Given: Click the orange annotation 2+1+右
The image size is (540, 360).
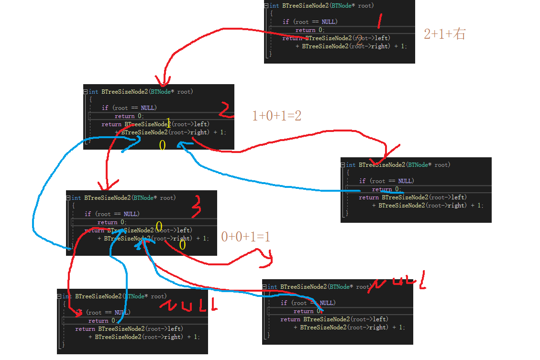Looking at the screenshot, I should click(x=444, y=34).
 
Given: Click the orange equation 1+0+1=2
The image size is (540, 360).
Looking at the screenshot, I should click(x=276, y=116).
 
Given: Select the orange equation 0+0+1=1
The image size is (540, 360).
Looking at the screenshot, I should click(x=246, y=237).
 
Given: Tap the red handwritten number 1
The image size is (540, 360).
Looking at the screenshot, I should click(x=380, y=21).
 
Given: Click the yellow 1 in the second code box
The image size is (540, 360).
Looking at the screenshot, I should click(x=168, y=122).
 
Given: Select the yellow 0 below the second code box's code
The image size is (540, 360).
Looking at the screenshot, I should click(x=162, y=145).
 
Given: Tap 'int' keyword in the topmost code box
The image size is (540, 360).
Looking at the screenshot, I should click(x=275, y=6).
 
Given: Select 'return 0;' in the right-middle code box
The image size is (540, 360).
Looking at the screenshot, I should click(x=386, y=189).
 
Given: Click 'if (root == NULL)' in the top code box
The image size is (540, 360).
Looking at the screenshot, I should click(x=310, y=22).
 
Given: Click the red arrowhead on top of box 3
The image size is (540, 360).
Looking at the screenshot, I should click(x=106, y=186).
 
